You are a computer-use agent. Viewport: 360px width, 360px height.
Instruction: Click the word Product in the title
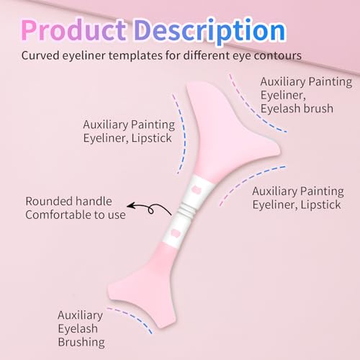[x=73, y=30]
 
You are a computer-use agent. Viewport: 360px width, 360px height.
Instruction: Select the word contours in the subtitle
[x=278, y=55]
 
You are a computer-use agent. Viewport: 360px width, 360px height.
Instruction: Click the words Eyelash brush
[x=297, y=109]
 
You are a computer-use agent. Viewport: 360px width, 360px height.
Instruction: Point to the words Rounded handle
[x=68, y=201]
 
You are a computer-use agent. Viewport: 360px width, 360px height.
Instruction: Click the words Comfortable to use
[x=76, y=215]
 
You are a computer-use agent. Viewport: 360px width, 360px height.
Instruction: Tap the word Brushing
[x=81, y=343]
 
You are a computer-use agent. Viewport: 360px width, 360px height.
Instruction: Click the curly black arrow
[x=150, y=208]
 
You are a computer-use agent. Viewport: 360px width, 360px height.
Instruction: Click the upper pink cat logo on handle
[x=197, y=189]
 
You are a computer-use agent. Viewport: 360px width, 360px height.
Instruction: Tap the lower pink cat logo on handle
[x=174, y=233]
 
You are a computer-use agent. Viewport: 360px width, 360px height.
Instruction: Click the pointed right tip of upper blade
[x=279, y=151]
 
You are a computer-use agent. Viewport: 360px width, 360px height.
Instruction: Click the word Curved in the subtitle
[x=40, y=55]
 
